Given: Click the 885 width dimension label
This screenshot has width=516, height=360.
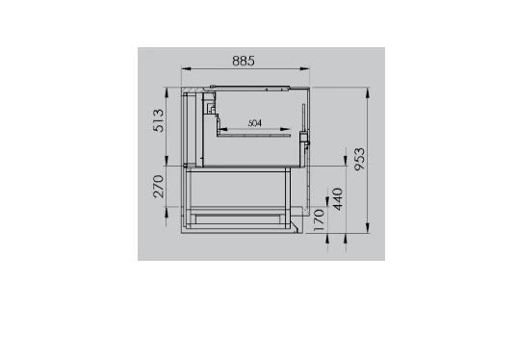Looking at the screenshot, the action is [x=244, y=61].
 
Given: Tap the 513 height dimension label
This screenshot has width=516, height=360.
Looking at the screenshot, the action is [x=159, y=120].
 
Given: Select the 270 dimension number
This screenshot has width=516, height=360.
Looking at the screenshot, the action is [x=159, y=186].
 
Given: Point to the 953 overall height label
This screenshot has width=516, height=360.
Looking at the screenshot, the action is [x=360, y=159].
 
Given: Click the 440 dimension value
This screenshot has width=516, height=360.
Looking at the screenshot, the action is [x=338, y=199].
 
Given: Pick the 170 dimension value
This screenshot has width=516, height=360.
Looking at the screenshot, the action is [x=320, y=220].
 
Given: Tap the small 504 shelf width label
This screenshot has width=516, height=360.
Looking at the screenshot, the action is [x=255, y=123].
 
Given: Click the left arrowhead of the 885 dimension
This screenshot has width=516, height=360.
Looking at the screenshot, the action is [x=186, y=68].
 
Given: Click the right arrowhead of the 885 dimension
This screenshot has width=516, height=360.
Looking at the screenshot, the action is [x=304, y=68].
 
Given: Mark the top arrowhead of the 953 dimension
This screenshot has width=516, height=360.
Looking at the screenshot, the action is [x=368, y=92].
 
